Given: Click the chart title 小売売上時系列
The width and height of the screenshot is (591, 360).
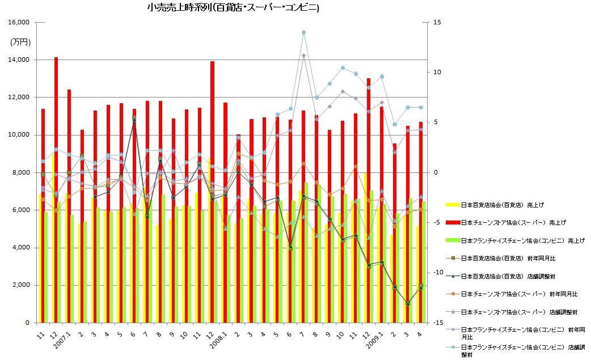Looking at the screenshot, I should pos(233,8).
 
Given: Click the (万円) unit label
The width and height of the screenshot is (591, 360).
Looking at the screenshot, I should pos(20,42).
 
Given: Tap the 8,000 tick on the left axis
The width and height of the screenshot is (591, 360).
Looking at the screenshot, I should pos(20,172).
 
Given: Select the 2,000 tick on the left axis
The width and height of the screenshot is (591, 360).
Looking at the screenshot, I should pos(20,285).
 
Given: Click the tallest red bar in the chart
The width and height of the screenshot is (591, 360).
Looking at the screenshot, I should pos(56,187).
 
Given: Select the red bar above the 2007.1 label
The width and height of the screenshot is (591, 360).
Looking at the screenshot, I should pos(69,204).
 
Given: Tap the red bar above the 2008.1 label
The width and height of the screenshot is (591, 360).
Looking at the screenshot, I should pos(225,210).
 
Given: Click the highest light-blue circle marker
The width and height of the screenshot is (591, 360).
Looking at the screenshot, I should pos(303,32).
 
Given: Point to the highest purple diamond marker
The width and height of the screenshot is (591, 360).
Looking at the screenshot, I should pos(303,56).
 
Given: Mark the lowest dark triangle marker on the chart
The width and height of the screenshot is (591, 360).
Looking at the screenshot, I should pos(407,303).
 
